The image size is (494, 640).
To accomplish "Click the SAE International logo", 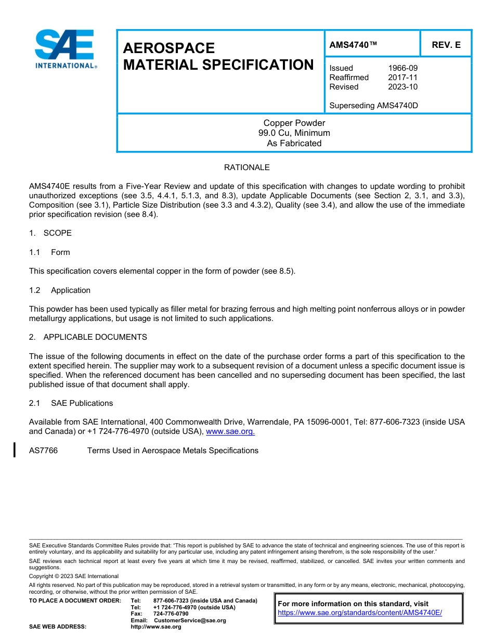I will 65,48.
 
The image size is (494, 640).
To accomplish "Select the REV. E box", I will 446,45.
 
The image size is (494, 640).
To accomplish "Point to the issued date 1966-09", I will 402,68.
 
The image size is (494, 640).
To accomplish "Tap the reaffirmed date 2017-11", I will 402,78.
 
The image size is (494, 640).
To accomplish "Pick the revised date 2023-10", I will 402,87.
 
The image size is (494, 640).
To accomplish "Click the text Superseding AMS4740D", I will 373,106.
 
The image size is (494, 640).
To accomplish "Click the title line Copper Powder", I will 294,123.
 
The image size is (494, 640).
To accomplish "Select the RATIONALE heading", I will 246,168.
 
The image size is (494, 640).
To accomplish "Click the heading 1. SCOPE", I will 50,233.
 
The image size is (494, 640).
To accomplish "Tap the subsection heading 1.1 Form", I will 49,252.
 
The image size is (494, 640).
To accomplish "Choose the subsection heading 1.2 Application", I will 60,290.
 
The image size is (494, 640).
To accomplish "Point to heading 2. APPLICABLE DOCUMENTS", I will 88,337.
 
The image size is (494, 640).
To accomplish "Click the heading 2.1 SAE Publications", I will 71,403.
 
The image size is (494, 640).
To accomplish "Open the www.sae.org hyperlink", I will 230,431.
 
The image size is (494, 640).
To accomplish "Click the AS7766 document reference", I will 43,451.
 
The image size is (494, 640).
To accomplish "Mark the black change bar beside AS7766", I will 15,450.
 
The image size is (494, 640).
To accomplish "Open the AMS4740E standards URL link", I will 359,613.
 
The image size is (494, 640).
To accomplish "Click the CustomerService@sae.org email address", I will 190,620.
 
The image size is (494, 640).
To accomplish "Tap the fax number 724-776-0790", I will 171,613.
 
